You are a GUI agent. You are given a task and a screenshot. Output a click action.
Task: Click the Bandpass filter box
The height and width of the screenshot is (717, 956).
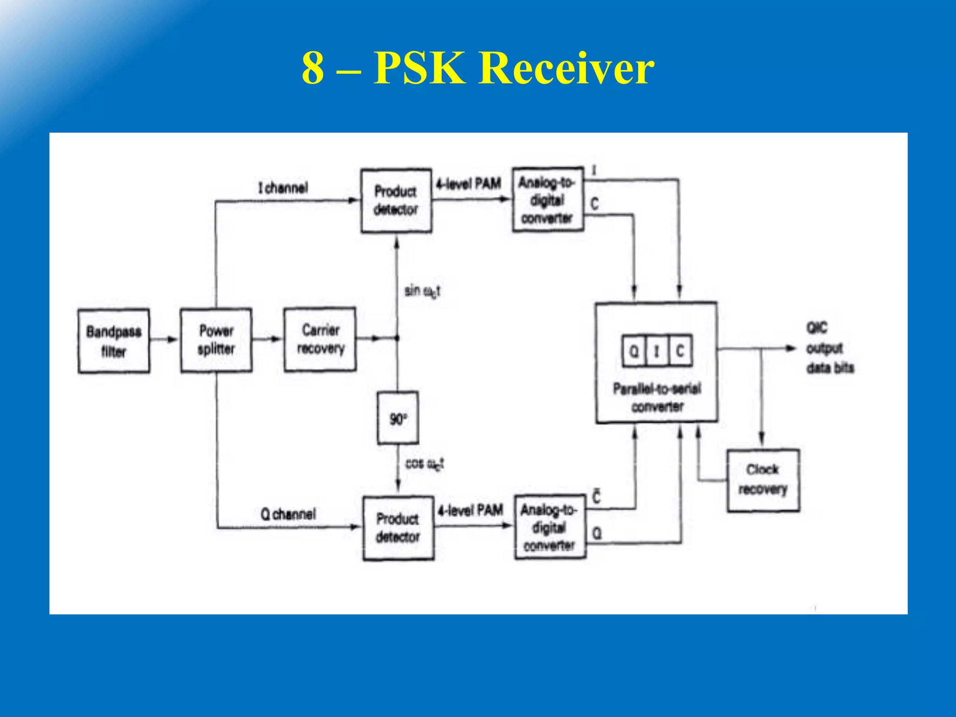[x=114, y=341]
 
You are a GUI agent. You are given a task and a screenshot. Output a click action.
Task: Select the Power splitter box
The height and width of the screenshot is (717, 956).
[x=216, y=340]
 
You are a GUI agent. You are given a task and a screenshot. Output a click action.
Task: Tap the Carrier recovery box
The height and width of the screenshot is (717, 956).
[x=320, y=339]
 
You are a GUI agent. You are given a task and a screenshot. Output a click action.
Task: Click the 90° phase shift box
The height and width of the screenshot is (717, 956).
[x=398, y=418]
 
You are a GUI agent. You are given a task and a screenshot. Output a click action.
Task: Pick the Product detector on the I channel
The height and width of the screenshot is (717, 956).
[x=396, y=201]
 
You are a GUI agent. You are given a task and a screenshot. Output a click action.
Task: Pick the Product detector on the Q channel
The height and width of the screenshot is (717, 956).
[x=398, y=528]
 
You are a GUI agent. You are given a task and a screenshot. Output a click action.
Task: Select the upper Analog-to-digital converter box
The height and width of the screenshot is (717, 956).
[x=548, y=200]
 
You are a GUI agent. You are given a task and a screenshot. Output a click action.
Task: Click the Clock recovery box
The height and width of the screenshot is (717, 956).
[x=763, y=480]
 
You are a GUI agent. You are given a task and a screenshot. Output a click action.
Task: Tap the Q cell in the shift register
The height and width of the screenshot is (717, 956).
[x=634, y=351]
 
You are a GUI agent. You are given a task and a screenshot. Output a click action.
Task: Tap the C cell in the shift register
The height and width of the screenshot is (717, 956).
[x=680, y=351]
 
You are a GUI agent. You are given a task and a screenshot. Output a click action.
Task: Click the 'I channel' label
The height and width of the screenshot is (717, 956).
[x=283, y=188]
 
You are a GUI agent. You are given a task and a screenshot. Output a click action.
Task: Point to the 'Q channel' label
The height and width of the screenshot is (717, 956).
[x=288, y=514]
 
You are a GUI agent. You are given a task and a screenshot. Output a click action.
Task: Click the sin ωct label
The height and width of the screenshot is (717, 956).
[x=422, y=291]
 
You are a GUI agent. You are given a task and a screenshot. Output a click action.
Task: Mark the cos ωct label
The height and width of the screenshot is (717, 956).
[x=424, y=464]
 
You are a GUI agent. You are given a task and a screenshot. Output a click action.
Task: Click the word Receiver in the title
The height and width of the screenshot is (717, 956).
[x=566, y=68]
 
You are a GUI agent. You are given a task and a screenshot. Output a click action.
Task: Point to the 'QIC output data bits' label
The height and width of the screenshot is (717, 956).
[x=829, y=348]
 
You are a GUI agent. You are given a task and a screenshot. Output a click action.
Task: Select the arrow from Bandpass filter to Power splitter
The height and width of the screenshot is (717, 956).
[x=165, y=339]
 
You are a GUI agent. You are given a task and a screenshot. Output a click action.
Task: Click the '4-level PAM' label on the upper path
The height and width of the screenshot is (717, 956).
[x=468, y=184]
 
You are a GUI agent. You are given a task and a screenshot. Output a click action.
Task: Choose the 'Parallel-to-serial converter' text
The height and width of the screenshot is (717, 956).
[x=657, y=398]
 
